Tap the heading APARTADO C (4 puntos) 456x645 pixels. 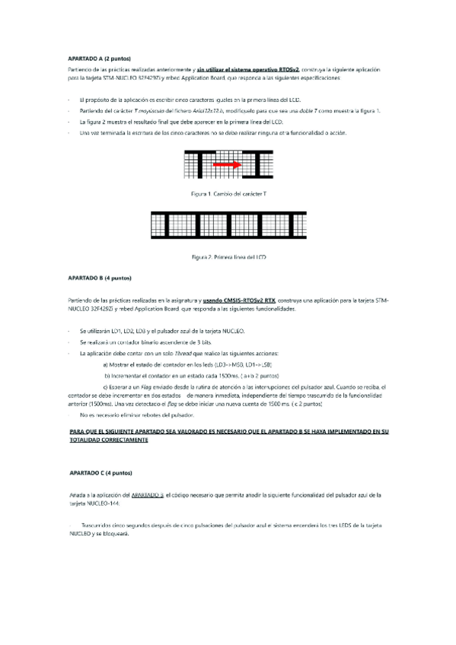pos(93,473)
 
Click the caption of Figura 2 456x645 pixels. pos(228,257)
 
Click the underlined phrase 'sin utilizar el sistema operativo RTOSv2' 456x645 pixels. pos(247,69)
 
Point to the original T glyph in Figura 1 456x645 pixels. pos(197,164)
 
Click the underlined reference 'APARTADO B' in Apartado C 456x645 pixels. pos(148,494)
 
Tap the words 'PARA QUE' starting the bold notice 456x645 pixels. pos(79,431)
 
